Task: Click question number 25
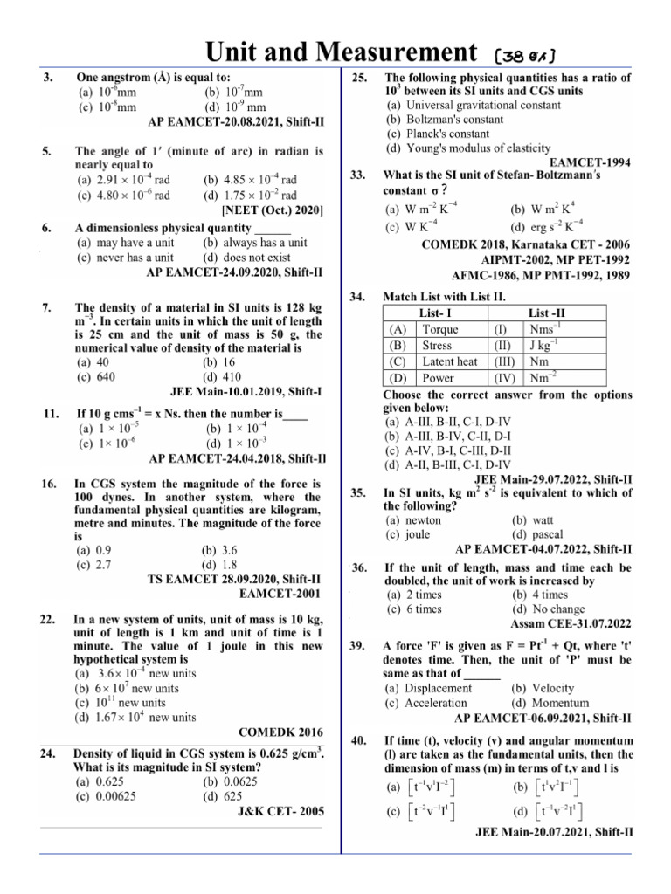[358, 78]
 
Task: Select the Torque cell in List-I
[439, 329]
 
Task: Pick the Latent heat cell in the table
[449, 361]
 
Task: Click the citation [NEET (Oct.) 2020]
[273, 210]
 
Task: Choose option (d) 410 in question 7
[221, 377]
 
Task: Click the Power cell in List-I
[438, 378]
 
